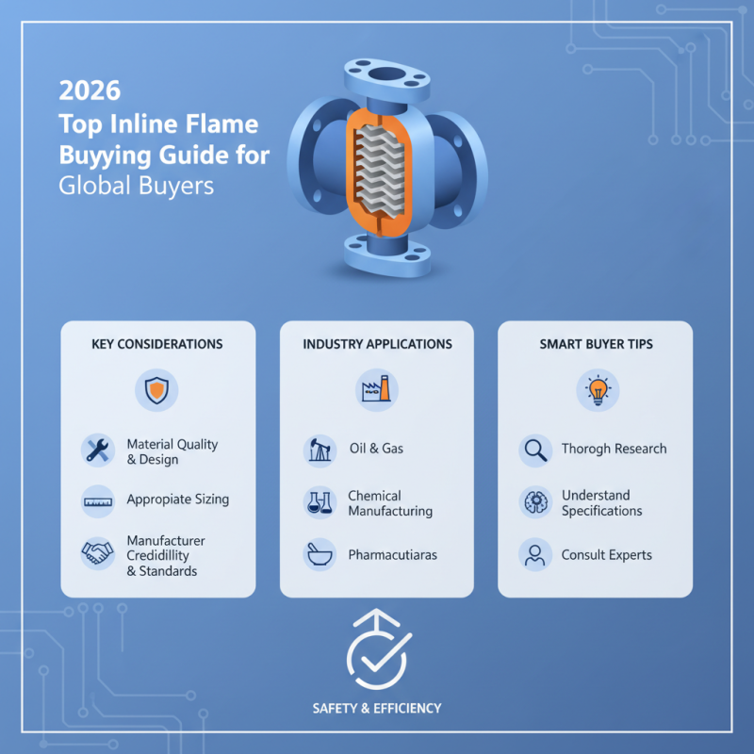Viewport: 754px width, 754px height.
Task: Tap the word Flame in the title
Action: (226, 124)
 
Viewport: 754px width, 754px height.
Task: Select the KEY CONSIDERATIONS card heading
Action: (157, 344)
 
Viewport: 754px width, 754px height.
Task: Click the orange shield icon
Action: (157, 388)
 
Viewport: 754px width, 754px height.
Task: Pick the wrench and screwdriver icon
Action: (98, 451)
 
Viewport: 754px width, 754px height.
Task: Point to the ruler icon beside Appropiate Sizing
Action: (98, 500)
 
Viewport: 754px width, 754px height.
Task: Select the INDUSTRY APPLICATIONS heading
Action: (377, 344)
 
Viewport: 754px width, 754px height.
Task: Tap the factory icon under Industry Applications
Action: (377, 388)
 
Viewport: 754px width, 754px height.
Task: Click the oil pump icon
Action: (320, 451)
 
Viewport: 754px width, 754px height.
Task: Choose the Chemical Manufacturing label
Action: (389, 503)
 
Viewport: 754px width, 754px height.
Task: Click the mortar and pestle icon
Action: (320, 555)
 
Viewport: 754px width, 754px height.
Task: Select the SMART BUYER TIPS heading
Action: (595, 344)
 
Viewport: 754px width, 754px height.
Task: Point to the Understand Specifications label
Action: (601, 503)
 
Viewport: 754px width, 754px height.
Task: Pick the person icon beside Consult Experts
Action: (535, 555)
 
